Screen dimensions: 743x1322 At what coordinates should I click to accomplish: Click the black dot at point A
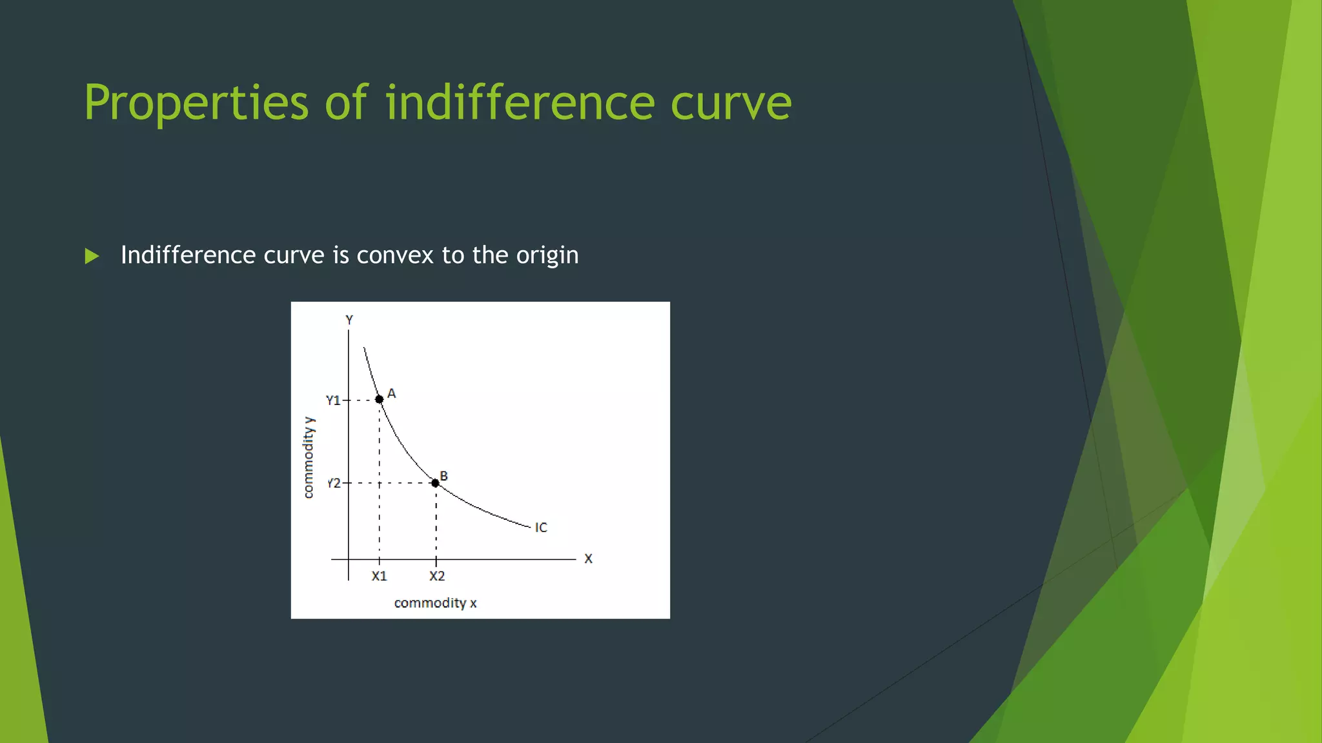(379, 399)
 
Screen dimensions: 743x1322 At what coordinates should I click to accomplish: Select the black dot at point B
(435, 483)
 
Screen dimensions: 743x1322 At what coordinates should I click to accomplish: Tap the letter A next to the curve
(391, 393)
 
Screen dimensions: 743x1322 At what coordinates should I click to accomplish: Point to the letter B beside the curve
(443, 476)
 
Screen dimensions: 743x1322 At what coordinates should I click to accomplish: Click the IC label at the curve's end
(541, 528)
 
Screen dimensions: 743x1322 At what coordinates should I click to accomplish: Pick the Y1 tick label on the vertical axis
(333, 401)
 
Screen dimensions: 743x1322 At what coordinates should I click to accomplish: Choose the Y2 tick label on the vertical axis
(334, 483)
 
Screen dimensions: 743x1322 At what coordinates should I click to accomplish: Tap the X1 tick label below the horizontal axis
(379, 576)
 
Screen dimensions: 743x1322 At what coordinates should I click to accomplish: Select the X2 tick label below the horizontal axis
(437, 576)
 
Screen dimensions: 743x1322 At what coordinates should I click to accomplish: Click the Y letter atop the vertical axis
(349, 320)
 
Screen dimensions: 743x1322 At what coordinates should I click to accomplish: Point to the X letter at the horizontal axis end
(588, 559)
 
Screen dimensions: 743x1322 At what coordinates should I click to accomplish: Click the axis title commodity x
(435, 603)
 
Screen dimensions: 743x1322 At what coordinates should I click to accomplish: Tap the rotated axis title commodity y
(309, 457)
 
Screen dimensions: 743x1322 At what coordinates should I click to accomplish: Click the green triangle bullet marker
(92, 256)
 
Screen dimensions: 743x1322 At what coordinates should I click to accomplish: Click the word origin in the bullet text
(547, 256)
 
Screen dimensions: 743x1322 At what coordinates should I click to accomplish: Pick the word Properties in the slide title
(196, 103)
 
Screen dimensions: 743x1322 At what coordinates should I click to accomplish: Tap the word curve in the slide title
(731, 103)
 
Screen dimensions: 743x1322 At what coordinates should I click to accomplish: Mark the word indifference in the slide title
(520, 103)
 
